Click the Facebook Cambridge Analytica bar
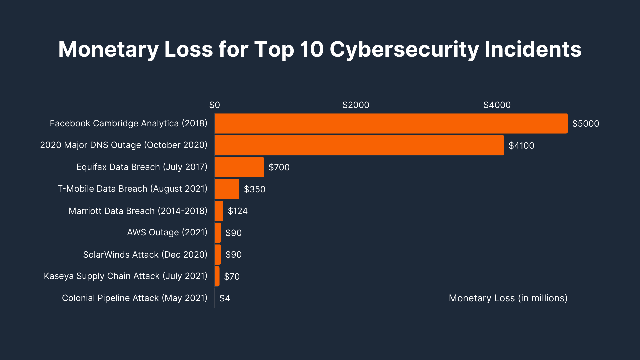pyautogui.click(x=391, y=123)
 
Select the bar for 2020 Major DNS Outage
pyautogui.click(x=359, y=145)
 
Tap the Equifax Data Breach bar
pyautogui.click(x=239, y=167)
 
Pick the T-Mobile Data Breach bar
pyautogui.click(x=227, y=189)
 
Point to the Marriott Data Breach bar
pyautogui.click(x=219, y=211)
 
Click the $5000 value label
pyautogui.click(x=585, y=124)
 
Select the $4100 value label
pyautogui.click(x=521, y=146)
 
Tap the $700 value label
pyautogui.click(x=279, y=167)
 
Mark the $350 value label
pyautogui.click(x=255, y=189)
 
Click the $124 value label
pyautogui.click(x=238, y=211)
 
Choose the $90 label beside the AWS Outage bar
pyautogui.click(x=233, y=233)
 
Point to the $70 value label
pyautogui.click(x=232, y=276)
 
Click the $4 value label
pyautogui.click(x=225, y=298)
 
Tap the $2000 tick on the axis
pyautogui.click(x=356, y=105)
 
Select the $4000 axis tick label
pyautogui.click(x=497, y=105)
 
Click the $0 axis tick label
pyautogui.click(x=214, y=105)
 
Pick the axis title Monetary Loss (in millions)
pyautogui.click(x=508, y=298)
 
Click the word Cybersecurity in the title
pyautogui.click(x=404, y=49)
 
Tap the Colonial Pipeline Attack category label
pyautogui.click(x=134, y=298)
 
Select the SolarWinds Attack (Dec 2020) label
pyautogui.click(x=145, y=255)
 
